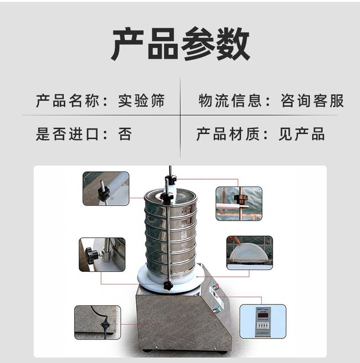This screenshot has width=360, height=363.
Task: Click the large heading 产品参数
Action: [180, 44]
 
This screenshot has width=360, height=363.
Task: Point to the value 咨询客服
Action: [312, 101]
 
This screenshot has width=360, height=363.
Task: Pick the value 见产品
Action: [301, 133]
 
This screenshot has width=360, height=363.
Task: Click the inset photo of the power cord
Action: [97, 322]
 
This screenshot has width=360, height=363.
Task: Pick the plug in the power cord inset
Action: [102, 327]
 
